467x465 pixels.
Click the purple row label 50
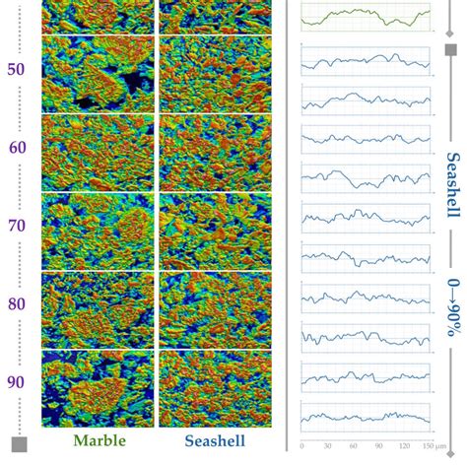click(x=17, y=71)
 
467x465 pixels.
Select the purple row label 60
click(x=17, y=149)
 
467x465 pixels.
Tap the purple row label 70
click(x=17, y=226)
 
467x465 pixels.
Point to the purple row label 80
click(x=17, y=304)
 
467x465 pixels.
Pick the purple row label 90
click(x=17, y=382)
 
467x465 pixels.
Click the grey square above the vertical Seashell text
click(x=451, y=50)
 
